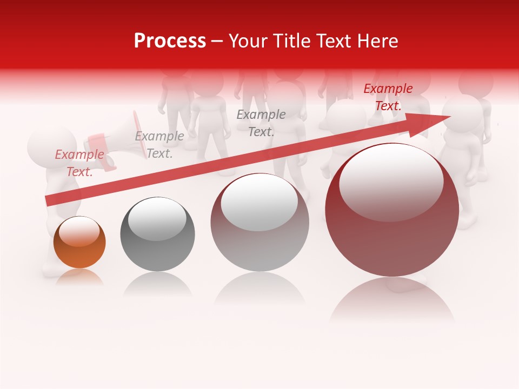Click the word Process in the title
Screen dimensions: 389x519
[x=170, y=41]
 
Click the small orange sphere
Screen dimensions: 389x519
[x=79, y=243]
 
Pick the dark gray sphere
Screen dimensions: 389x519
[x=157, y=234]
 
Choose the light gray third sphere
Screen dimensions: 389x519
[x=259, y=223]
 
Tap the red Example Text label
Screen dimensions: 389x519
[x=388, y=97]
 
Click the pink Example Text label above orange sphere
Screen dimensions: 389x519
[x=79, y=163]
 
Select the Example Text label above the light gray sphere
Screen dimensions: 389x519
[x=261, y=123]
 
